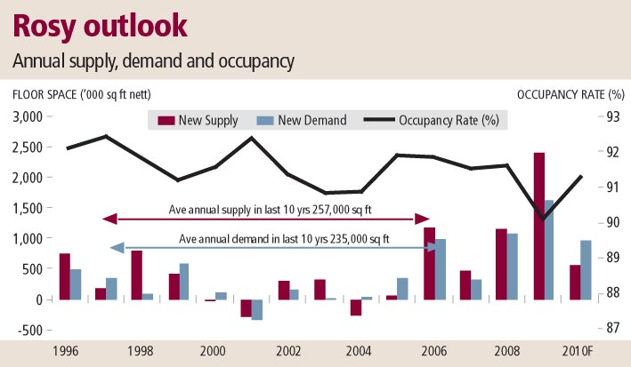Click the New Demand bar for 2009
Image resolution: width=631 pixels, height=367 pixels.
549,250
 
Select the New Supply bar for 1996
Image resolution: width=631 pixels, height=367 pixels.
65,276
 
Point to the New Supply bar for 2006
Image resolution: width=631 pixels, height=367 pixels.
430,263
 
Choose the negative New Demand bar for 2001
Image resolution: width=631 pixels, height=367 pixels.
257,309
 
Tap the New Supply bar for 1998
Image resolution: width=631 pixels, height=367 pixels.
137,275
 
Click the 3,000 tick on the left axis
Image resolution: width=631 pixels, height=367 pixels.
28,116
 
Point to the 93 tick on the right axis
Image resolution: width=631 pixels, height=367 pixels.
613,116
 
